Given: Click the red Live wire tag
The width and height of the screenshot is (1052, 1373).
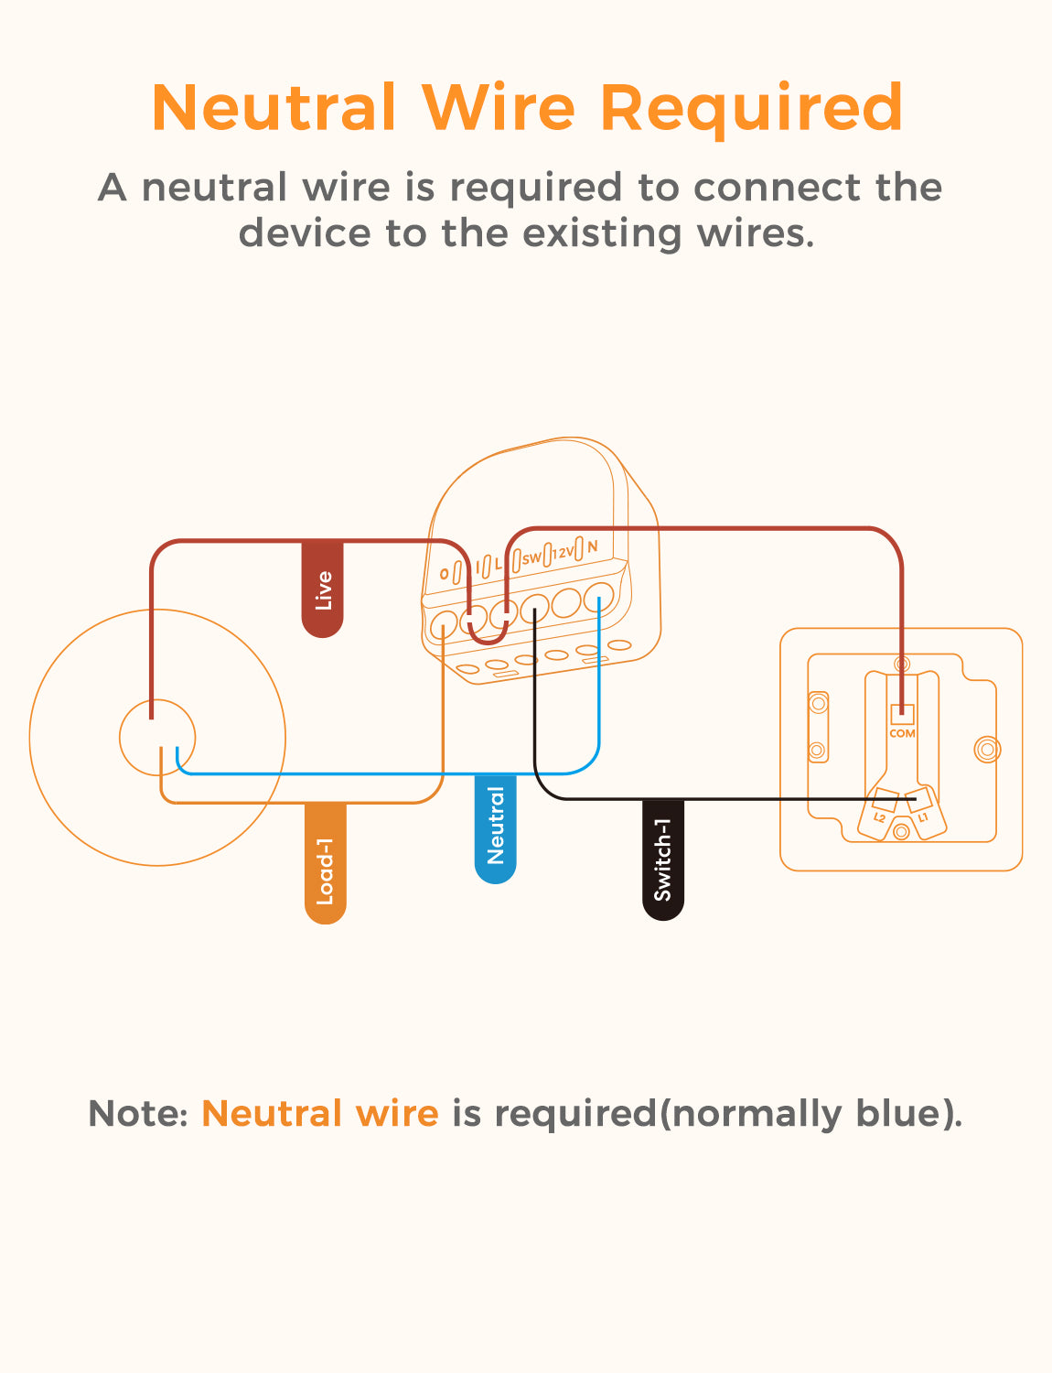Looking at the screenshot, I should tap(322, 589).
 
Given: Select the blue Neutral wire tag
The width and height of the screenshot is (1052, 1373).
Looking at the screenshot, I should tap(495, 827).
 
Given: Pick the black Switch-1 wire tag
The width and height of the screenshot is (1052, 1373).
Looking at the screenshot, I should tap(663, 859).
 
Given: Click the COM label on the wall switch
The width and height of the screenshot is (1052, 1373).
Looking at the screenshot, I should tap(902, 733).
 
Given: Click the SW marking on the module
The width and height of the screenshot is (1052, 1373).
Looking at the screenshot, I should tap(531, 557).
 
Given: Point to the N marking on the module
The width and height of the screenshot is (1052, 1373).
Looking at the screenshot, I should tap(593, 546).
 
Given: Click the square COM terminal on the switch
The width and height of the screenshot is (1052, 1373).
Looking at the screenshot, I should tap(902, 714).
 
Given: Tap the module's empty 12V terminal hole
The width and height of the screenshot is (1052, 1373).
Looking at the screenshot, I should tap(567, 602).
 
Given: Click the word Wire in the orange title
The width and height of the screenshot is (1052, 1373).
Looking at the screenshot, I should tap(499, 108).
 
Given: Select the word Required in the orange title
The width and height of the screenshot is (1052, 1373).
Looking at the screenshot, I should tap(751, 108).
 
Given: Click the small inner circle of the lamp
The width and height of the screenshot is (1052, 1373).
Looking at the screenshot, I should tap(157, 737).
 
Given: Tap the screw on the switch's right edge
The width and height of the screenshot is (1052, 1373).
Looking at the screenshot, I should tap(986, 750).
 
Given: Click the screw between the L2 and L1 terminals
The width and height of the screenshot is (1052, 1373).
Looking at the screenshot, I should tap(901, 831).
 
